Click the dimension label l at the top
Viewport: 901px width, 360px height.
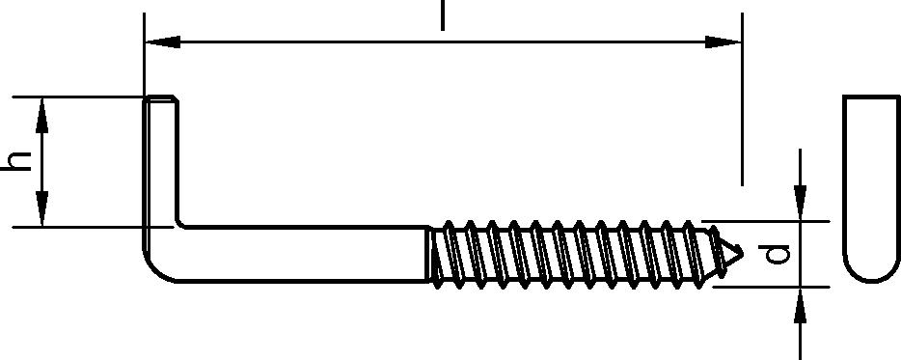click(443, 15)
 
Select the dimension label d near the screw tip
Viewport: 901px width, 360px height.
click(774, 254)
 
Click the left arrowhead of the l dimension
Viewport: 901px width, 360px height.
click(163, 42)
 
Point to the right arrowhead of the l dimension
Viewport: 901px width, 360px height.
click(724, 42)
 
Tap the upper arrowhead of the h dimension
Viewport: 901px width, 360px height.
click(41, 116)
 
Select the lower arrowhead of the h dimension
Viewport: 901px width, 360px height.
click(41, 208)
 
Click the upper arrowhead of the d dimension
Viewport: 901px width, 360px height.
click(801, 203)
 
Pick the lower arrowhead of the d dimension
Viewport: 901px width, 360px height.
click(801, 305)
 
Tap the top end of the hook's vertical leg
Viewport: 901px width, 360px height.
click(160, 97)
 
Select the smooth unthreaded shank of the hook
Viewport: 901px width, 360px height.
click(302, 254)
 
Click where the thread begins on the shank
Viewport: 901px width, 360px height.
click(428, 254)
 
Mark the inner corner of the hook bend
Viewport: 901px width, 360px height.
click(179, 223)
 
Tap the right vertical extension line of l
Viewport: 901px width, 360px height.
click(742, 99)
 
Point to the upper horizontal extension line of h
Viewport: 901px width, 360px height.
click(77, 97)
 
